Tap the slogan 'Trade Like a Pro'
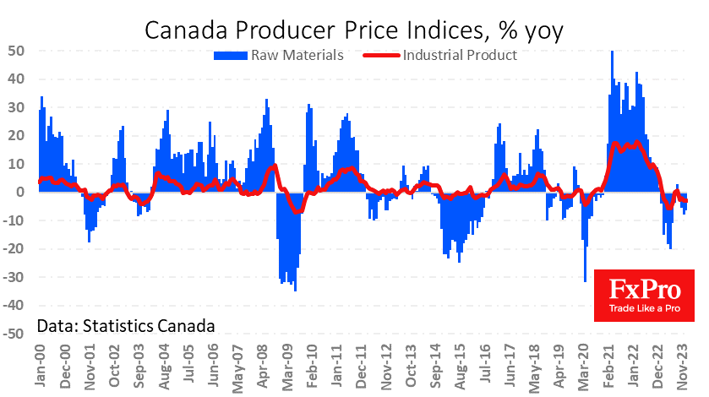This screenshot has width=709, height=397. [x=644, y=311]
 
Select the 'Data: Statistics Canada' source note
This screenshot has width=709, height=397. [x=125, y=325]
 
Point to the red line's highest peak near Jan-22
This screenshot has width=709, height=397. [x=636, y=143]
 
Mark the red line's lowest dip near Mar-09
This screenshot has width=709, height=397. [x=295, y=210]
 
